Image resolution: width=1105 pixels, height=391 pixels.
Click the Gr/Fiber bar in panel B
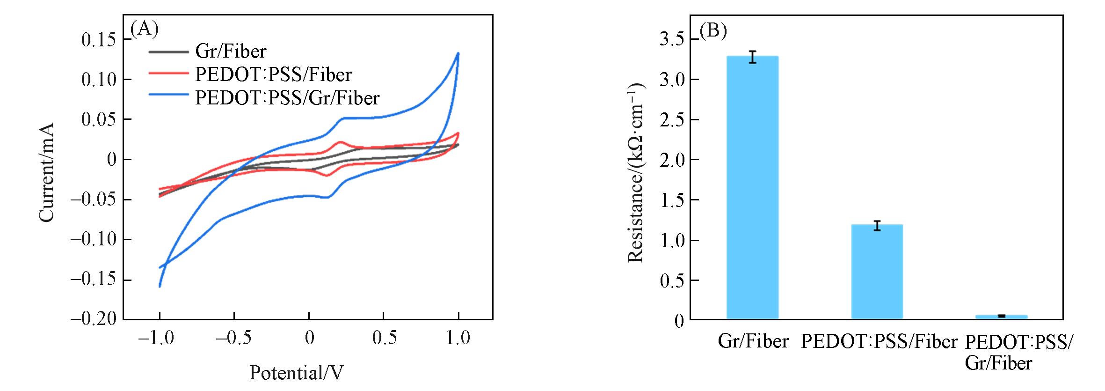point(752,187)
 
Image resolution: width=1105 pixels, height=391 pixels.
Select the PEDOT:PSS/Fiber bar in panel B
point(877,272)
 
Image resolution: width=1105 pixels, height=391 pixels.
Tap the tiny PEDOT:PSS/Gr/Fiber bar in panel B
point(1001,317)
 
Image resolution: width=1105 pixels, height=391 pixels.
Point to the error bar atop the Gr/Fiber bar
point(752,57)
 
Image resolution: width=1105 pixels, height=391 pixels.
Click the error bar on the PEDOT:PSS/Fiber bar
point(877,226)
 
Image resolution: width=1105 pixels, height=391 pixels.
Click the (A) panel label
point(144,29)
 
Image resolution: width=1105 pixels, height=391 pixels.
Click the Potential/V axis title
point(296,373)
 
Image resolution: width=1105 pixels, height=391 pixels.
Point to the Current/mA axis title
point(47,172)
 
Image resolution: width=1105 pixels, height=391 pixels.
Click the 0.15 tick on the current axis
point(99,40)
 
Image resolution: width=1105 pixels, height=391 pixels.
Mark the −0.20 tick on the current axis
point(93,319)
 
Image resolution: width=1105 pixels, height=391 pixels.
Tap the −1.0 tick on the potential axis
point(156,338)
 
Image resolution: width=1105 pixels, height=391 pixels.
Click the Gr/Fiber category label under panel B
point(753,341)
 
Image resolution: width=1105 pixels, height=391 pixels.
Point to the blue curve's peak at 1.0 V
point(458,53)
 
